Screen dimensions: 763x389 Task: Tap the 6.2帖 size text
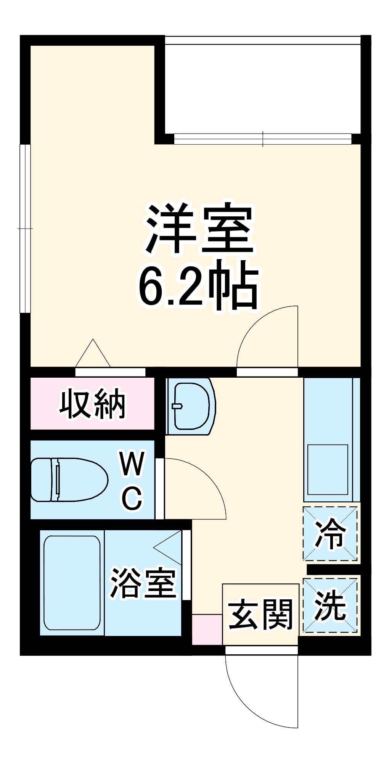pyautogui.click(x=198, y=286)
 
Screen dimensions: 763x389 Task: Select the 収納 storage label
pyautogui.click(x=92, y=404)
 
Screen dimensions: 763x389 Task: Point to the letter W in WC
pyautogui.click(x=132, y=463)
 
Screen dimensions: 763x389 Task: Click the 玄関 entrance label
pyautogui.click(x=260, y=614)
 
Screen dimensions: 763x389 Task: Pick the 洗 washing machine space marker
pyautogui.click(x=330, y=605)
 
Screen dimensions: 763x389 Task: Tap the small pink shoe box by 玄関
pyautogui.click(x=207, y=629)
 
